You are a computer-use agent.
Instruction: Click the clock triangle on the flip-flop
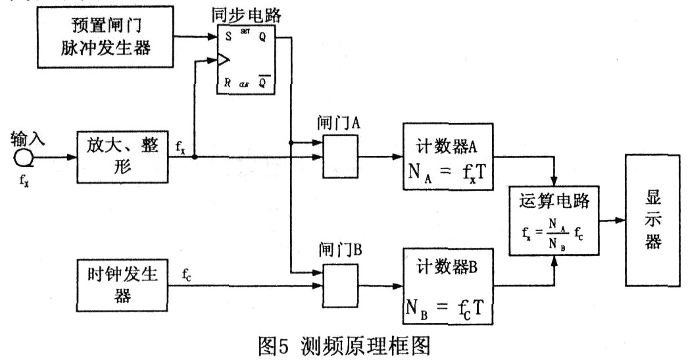click(x=223, y=62)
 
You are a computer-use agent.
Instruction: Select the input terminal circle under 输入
click(x=22, y=158)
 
